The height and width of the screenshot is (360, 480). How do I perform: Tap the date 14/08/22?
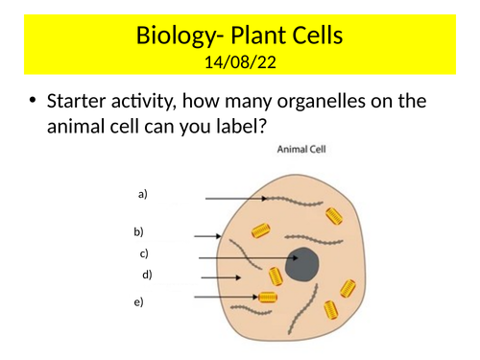(239, 63)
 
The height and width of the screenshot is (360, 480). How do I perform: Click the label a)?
(143, 194)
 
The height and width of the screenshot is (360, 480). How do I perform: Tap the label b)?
(138, 232)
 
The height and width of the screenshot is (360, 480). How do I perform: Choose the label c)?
(144, 254)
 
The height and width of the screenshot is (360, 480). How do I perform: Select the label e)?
(139, 302)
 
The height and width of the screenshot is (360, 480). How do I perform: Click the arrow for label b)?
(207, 235)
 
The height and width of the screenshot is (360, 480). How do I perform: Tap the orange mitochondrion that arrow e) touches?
(268, 299)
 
